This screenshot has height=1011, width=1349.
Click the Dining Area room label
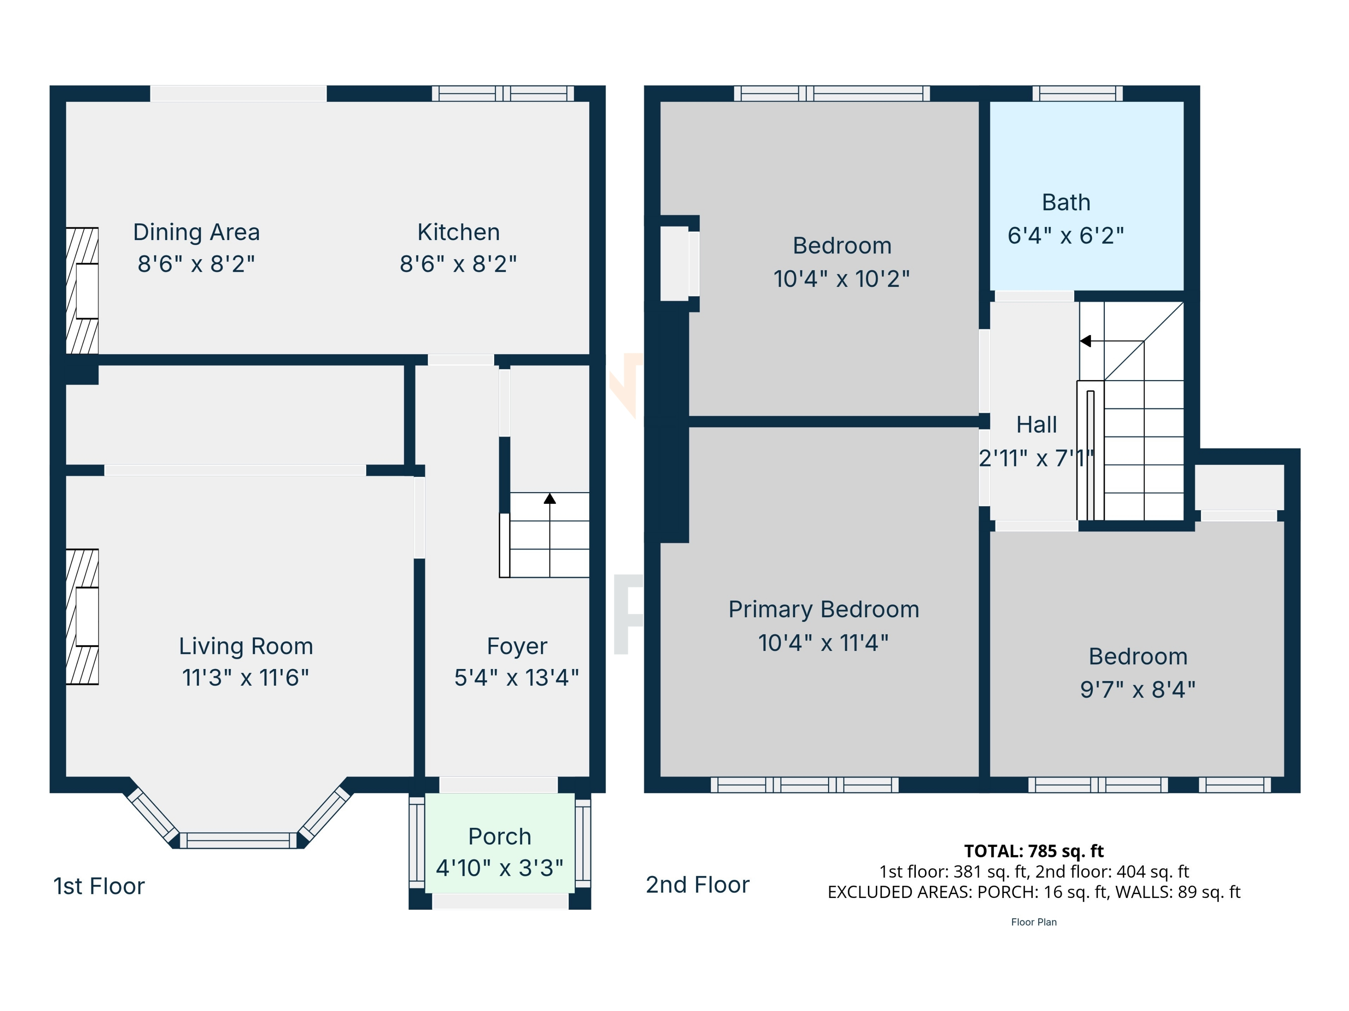(196, 232)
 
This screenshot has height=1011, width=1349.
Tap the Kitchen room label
(459, 232)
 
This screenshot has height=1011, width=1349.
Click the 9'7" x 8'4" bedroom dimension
(1138, 690)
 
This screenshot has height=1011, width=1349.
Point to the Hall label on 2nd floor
(1036, 425)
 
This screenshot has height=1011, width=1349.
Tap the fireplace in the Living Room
(82, 617)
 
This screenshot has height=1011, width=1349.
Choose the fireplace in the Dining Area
(82, 291)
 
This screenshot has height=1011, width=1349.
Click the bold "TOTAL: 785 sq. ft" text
(1034, 851)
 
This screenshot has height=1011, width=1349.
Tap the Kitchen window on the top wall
(503, 93)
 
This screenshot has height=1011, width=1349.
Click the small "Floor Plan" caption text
(1034, 922)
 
